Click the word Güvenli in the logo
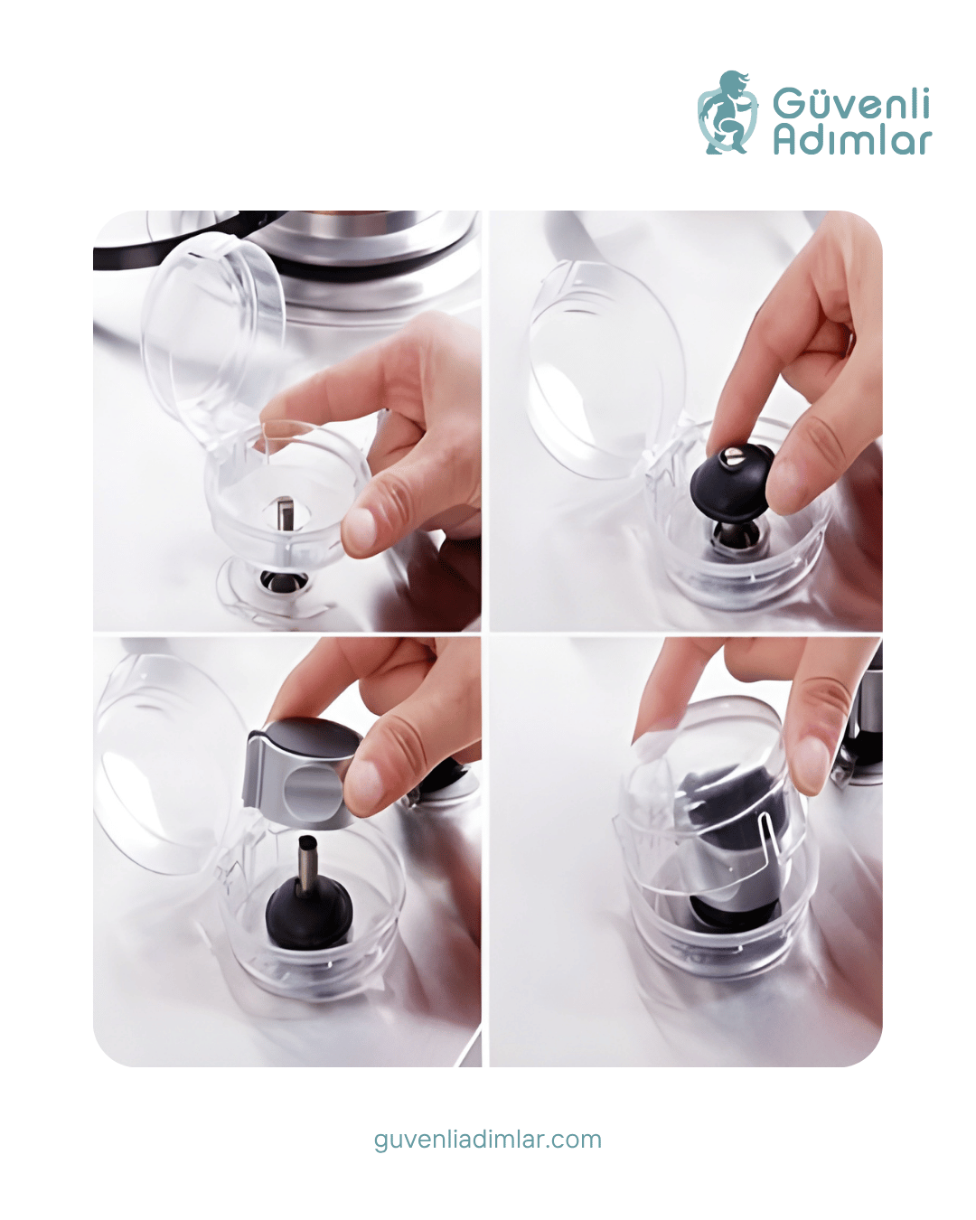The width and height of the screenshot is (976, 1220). point(850,103)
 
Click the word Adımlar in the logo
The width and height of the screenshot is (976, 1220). point(852,140)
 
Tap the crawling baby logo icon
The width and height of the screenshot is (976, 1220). point(727,112)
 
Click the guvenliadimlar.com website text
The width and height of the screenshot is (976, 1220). point(488,1140)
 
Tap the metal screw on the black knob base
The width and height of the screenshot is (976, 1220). point(734,456)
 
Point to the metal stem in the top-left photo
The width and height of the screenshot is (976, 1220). point(285,513)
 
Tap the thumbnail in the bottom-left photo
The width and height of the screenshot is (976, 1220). point(364,784)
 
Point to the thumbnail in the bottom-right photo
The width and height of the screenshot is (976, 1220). point(812,763)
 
